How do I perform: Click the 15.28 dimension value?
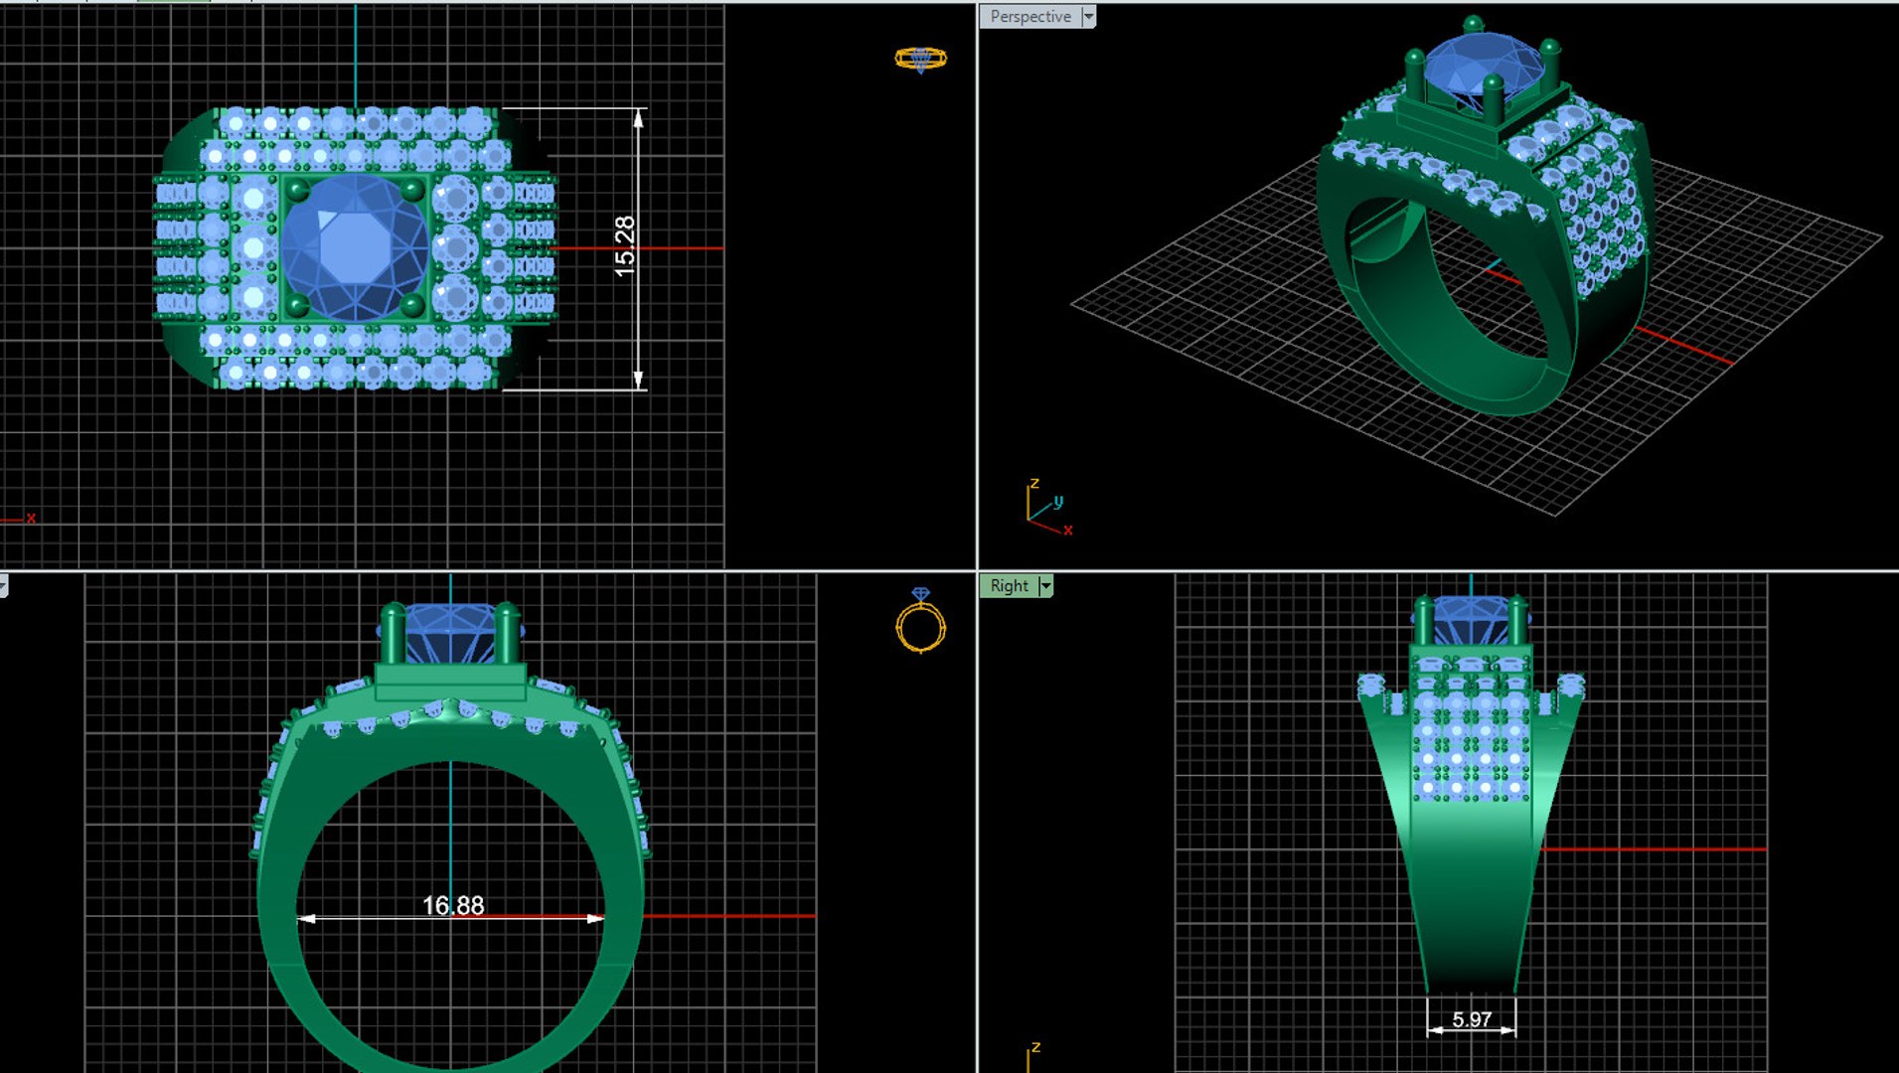(x=624, y=246)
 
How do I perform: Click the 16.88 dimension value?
(x=453, y=905)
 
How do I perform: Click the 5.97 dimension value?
(x=1471, y=1019)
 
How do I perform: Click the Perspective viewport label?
(x=1029, y=17)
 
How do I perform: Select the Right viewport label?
(x=1009, y=586)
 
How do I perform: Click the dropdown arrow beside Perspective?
(x=1088, y=17)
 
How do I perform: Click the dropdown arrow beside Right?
(x=1045, y=586)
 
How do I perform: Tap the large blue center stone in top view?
(x=355, y=246)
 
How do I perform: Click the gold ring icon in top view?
(x=920, y=59)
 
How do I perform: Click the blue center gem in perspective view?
(x=1481, y=65)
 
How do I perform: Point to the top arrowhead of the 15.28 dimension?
(x=638, y=118)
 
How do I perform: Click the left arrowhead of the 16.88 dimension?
(x=307, y=918)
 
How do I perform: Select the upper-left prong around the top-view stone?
(x=297, y=189)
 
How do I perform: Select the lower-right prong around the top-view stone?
(x=411, y=304)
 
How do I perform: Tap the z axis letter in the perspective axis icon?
(x=1034, y=484)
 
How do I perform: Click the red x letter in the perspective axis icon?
(x=1068, y=531)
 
